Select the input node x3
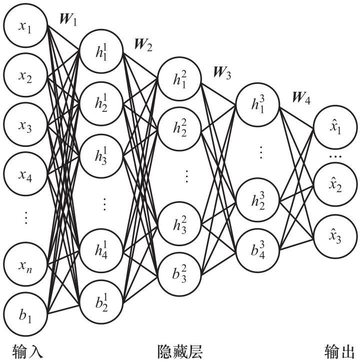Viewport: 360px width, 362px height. tap(25, 127)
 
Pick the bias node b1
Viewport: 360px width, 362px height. tap(25, 315)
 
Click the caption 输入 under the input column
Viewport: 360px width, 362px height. tap(24, 349)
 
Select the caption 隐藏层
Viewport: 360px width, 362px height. tap(180, 349)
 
